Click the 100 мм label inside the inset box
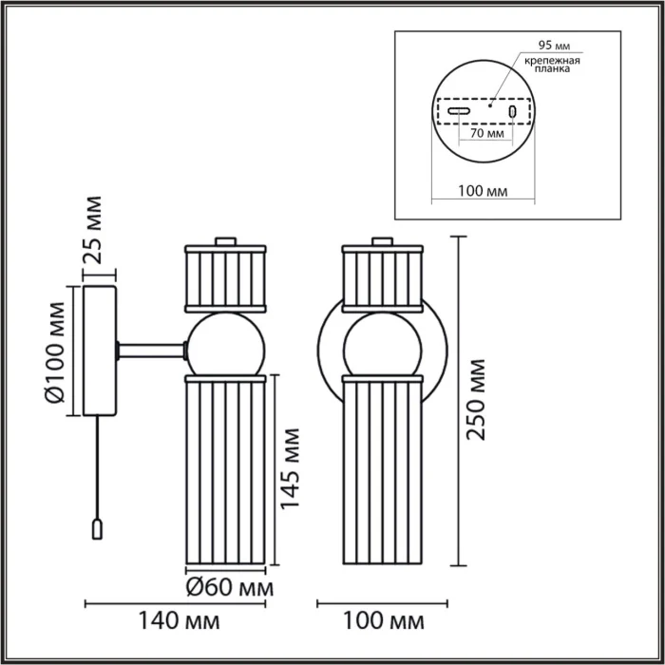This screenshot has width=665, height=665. click(x=483, y=191)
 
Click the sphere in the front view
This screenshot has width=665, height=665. click(x=380, y=343)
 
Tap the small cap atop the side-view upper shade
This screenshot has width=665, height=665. click(x=224, y=241)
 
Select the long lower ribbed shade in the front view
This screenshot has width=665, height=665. click(x=380, y=470)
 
